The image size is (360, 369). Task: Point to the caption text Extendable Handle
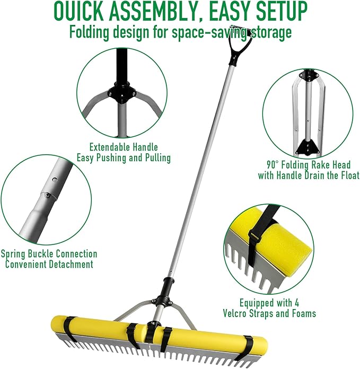123,147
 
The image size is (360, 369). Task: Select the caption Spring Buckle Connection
49,254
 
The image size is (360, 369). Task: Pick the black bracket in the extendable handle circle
119,92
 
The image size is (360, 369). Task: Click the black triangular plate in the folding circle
308,144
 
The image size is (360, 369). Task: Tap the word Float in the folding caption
347,174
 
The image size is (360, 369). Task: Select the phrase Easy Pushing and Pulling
123,157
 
